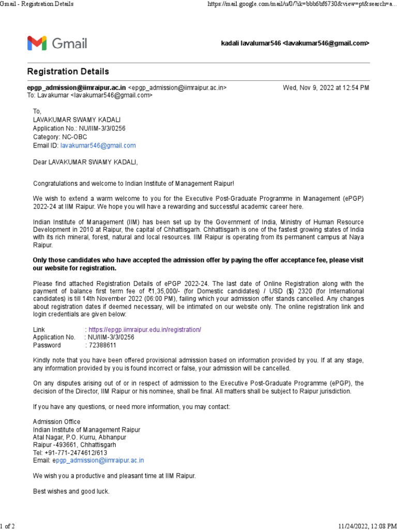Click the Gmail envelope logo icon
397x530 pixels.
[37, 43]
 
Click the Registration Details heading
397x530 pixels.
[68, 71]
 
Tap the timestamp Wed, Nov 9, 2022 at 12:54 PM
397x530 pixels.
[326, 88]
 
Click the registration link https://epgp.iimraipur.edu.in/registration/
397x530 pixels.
[145, 330]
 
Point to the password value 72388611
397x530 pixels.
[102, 345]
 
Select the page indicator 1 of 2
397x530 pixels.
[8, 526]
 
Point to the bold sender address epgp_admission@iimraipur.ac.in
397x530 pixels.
[77, 88]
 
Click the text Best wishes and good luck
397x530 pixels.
[71, 491]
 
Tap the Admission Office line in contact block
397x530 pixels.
[57, 422]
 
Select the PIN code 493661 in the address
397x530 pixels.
[64, 445]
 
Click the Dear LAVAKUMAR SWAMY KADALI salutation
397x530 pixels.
[86, 162]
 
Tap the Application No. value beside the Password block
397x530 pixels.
[111, 337]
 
